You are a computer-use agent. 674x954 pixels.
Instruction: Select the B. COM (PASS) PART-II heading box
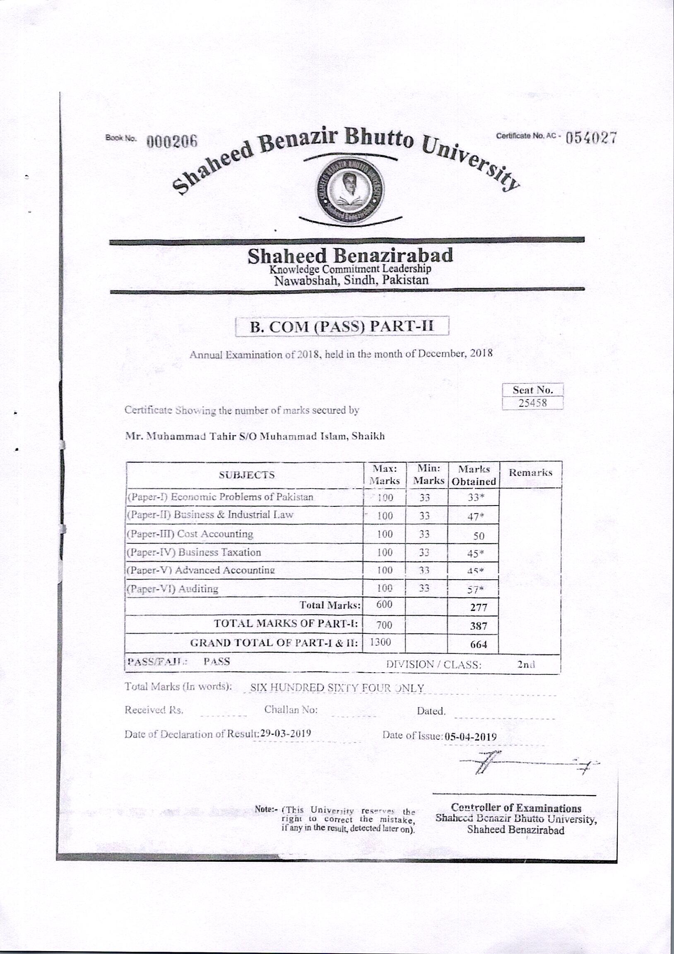coord(342,326)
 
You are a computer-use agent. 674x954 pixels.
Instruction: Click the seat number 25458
coord(532,403)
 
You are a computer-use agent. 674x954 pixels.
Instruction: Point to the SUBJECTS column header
coord(247,475)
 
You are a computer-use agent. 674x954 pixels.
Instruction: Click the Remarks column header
coord(531,472)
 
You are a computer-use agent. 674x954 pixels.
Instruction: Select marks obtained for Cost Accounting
coord(479,536)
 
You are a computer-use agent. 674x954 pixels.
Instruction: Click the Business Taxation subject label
coord(219,552)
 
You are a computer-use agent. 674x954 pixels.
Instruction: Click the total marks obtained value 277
coord(479,607)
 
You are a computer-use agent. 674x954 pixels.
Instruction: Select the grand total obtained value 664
coord(479,645)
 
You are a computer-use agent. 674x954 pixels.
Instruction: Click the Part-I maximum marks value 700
coord(384,625)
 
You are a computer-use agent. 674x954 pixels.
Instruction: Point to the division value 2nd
coord(526,664)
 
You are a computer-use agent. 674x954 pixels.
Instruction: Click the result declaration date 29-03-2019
coord(285,733)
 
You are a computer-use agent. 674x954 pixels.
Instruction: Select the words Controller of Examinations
coord(516,808)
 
